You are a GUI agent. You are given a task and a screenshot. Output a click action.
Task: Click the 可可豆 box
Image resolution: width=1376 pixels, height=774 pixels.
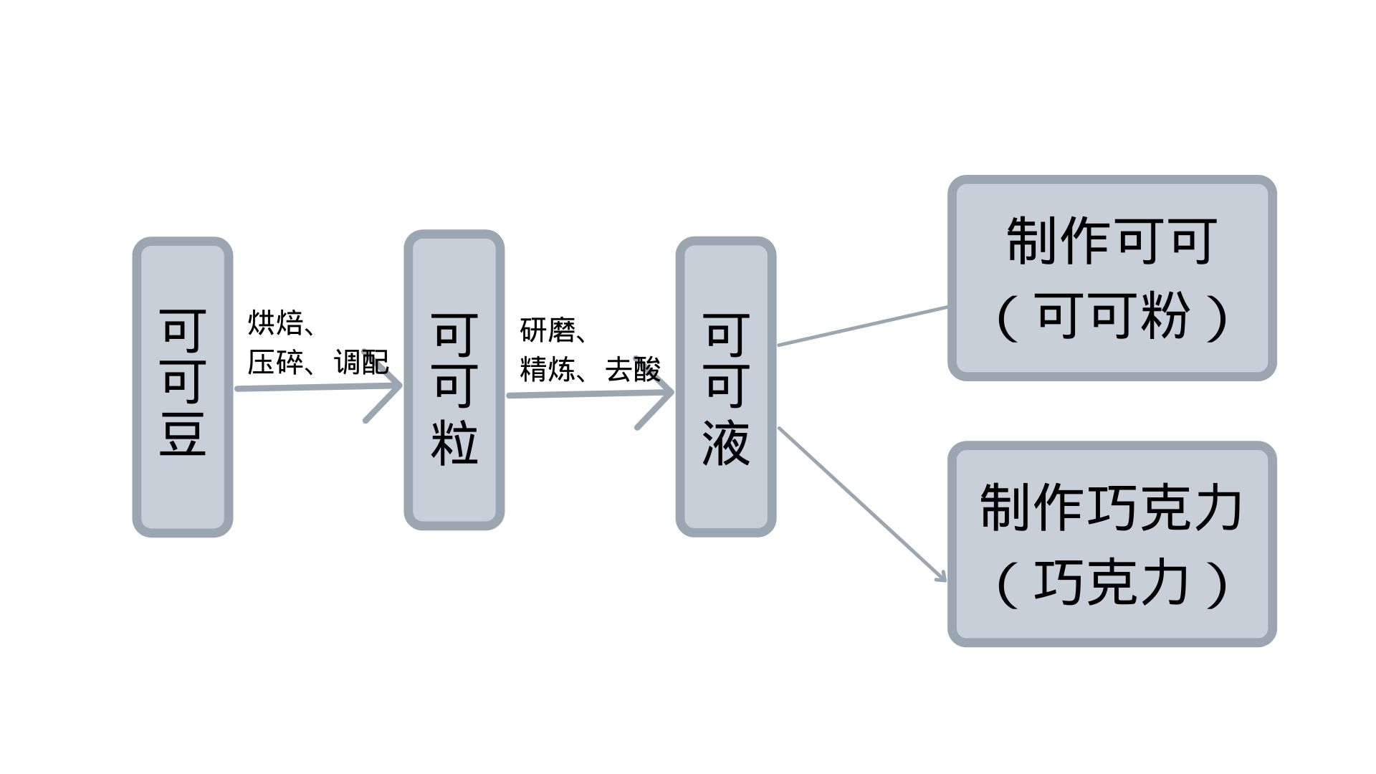[183, 386]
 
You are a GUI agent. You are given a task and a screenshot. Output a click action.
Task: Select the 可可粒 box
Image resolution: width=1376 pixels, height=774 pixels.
[454, 380]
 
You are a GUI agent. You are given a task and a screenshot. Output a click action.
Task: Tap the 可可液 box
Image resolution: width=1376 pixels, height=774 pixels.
[726, 386]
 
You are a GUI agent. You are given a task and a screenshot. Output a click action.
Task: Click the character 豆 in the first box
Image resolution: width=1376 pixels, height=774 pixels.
[183, 434]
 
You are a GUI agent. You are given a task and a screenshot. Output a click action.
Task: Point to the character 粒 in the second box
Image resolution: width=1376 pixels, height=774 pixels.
[454, 441]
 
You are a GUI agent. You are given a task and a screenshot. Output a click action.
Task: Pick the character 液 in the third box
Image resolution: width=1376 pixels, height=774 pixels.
[726, 443]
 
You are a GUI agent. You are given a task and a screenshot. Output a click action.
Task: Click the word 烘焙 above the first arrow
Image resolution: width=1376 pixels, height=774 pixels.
[275, 323]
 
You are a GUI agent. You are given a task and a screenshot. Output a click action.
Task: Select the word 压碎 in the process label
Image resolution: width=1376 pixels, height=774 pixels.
[275, 363]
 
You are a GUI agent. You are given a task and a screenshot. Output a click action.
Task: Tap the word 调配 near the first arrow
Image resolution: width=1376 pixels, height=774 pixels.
[361, 363]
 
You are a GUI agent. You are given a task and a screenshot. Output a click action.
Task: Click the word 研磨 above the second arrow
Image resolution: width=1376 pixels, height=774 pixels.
[548, 330]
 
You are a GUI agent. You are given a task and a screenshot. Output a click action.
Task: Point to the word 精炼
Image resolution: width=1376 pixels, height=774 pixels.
[548, 370]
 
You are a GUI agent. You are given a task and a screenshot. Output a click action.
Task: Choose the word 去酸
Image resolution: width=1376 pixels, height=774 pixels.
[632, 370]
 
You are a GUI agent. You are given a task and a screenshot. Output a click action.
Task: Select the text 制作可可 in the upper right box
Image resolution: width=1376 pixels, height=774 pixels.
[1112, 242]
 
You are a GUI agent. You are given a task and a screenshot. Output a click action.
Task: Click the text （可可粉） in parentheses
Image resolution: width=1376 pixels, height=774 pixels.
[1112, 316]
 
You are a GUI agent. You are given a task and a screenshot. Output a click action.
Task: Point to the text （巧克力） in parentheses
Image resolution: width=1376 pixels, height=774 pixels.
[1112, 583]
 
